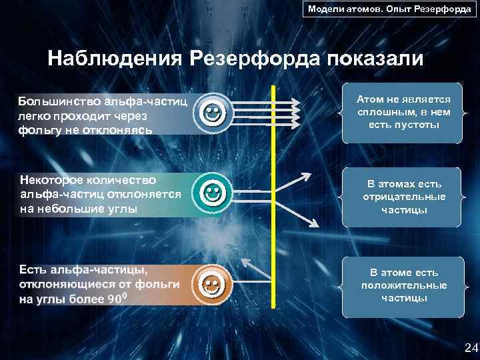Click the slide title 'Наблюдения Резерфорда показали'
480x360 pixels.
tap(235, 58)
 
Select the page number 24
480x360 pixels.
tap(471, 347)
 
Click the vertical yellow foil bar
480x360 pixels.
tap(273, 197)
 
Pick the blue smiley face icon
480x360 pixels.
tap(211, 112)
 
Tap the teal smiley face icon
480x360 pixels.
tap(211, 194)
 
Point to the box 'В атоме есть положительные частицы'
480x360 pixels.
tap(404, 285)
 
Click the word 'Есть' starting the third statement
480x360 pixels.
tap(33, 269)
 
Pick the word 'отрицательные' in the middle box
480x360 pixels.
tap(404, 197)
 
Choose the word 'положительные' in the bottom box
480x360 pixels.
tap(404, 285)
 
